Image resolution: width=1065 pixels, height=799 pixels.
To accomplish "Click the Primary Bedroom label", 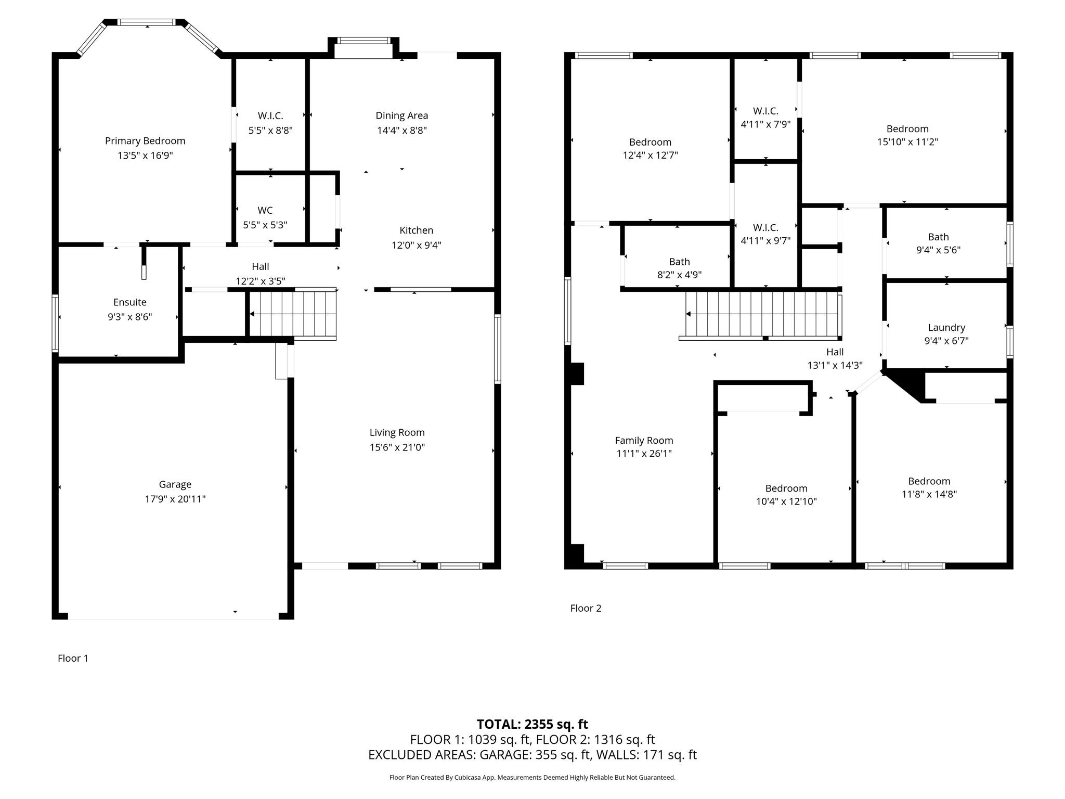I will [x=145, y=141].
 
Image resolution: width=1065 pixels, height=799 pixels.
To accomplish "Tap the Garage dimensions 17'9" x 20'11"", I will [x=175, y=499].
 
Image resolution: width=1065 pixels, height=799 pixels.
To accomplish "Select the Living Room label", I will [x=397, y=433].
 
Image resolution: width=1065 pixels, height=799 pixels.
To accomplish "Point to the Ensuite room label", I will [x=130, y=302].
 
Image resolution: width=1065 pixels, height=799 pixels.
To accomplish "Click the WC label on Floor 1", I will [x=265, y=210].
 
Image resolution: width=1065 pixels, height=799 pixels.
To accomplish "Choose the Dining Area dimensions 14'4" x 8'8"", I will [x=402, y=131].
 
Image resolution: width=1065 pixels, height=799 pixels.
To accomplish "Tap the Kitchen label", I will [x=416, y=230].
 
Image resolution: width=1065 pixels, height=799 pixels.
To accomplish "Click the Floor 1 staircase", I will [x=293, y=314].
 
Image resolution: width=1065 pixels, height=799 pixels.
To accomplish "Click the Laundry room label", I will [x=946, y=328].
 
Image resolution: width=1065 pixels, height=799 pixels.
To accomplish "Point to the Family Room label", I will [x=644, y=441].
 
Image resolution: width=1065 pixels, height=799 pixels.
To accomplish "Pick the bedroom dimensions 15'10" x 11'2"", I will [x=907, y=142].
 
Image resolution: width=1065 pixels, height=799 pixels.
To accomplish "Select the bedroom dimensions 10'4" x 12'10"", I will [x=786, y=501].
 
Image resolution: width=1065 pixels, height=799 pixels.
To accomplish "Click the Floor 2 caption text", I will [x=586, y=608].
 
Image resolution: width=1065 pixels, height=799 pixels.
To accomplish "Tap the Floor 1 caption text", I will [x=73, y=658].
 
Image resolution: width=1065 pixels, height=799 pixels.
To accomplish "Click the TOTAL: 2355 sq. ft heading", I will [x=532, y=724].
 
